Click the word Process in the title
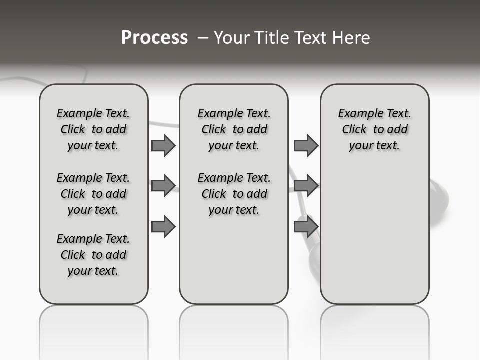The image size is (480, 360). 154,37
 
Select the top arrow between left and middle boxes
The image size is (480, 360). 163,145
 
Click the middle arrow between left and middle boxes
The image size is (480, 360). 163,186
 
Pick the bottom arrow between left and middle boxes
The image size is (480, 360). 163,227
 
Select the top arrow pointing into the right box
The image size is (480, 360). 306,145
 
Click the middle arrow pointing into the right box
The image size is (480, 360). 306,186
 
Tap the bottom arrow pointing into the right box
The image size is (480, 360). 306,227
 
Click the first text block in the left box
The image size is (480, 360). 93,129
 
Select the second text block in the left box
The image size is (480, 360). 93,194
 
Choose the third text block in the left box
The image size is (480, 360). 93,255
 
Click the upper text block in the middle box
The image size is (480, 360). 234,129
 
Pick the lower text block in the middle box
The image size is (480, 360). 234,194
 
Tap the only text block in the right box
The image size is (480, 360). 374,129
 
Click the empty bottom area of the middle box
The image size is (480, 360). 234,265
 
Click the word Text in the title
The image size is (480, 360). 306,38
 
